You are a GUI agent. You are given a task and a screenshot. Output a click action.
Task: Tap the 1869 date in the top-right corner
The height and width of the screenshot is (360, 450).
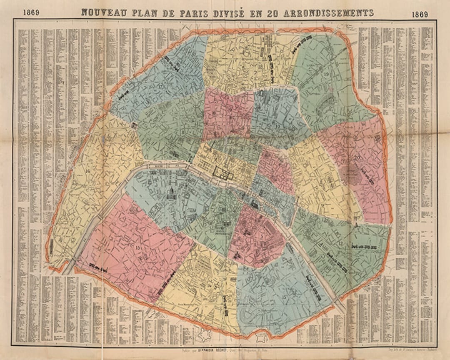point(420,15)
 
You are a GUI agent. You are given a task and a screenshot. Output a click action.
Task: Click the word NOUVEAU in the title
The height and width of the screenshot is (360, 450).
point(101,12)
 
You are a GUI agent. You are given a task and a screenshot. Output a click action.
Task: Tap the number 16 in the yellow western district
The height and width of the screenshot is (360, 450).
point(87,171)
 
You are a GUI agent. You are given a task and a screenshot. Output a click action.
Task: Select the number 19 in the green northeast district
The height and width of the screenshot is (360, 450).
point(326,74)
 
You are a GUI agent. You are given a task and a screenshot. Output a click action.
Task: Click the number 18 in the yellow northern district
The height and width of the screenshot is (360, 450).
point(261,66)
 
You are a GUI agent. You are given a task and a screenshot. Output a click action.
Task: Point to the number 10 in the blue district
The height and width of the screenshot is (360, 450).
point(277,126)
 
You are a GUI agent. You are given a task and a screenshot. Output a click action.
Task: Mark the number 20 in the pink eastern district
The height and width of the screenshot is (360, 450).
point(357,157)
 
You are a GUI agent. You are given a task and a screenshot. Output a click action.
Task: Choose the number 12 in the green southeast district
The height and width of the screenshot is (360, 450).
point(340,243)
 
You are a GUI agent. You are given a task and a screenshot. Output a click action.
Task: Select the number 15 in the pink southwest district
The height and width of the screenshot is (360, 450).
point(138,247)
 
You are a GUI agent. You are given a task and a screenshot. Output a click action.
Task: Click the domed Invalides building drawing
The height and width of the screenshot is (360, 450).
point(170,192)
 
